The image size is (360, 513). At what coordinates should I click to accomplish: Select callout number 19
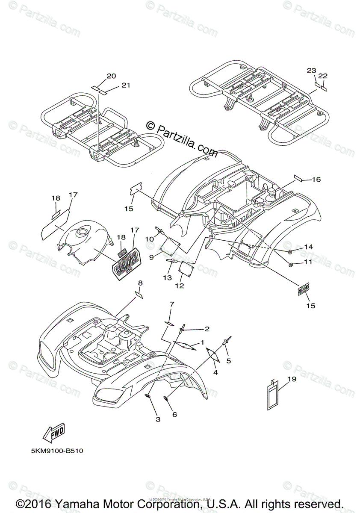point(292,378)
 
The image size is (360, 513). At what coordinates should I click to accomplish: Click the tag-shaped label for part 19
point(274,395)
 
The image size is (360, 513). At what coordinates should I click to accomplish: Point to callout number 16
point(316,180)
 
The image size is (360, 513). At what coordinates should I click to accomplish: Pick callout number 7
point(171,304)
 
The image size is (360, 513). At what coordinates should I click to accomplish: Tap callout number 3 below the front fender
point(158,420)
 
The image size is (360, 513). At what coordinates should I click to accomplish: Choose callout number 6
point(174,414)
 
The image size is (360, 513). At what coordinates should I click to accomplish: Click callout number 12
point(179,286)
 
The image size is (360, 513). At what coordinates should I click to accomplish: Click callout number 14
point(309,247)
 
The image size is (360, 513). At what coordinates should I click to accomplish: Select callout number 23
point(311,70)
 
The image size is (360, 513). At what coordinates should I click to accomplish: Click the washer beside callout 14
point(290,250)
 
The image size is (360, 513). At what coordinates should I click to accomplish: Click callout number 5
point(229,360)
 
